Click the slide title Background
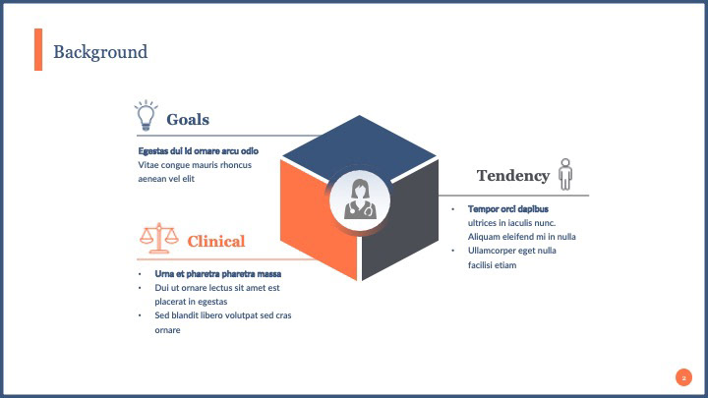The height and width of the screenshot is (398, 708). (100, 52)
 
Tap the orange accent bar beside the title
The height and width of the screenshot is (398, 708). (38, 49)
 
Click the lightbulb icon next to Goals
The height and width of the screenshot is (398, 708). (147, 116)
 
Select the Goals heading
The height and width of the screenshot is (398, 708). (188, 120)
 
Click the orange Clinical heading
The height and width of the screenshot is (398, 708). (215, 242)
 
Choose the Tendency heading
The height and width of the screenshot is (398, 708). (512, 176)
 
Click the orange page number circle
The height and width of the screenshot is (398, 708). (683, 377)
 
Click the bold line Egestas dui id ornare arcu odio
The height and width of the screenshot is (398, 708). (198, 150)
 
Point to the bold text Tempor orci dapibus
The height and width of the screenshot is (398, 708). (507, 208)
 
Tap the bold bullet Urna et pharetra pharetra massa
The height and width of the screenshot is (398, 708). (218, 273)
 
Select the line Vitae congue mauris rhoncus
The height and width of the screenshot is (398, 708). (195, 164)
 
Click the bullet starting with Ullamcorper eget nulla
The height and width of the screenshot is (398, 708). (511, 251)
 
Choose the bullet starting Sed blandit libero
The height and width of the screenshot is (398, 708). (223, 315)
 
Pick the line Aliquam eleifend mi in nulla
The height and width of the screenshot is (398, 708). (521, 237)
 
